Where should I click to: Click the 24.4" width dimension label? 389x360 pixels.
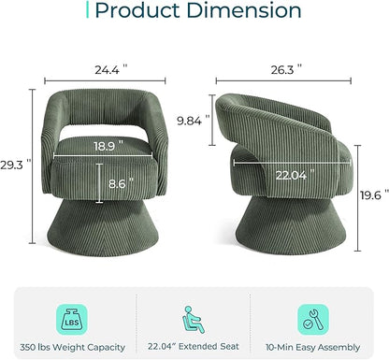pos(111,70)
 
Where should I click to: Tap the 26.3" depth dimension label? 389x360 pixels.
pos(286,70)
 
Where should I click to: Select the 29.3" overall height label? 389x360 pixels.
pos(16,165)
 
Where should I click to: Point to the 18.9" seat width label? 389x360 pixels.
pos(108,146)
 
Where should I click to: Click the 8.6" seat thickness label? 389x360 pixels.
pos(121,183)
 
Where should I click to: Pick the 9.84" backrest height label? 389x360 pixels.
pos(194,121)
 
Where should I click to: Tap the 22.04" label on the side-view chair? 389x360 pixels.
pos(295,176)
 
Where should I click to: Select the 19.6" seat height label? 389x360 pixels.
pos(375,195)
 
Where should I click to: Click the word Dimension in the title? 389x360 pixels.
pos(244,10)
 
